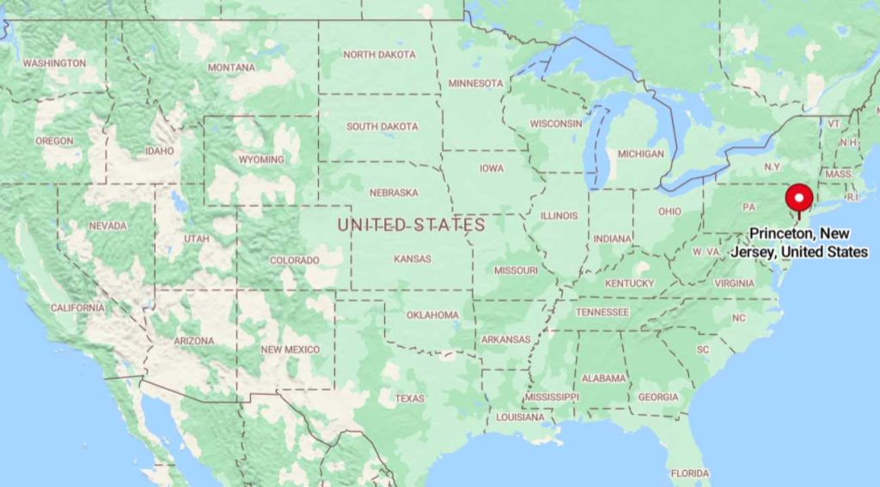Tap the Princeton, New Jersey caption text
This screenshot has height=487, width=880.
pos(808,242)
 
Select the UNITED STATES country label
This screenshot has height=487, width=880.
pos(411,225)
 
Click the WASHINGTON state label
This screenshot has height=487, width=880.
pos(54,64)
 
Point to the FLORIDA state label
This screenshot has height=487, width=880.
pos(690,473)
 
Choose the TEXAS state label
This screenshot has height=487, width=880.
pos(410,399)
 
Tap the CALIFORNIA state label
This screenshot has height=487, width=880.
pos(77,307)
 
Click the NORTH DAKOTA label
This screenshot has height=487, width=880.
pos(379,55)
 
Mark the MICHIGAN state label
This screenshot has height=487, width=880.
pos(641,154)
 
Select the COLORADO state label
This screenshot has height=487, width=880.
pos(294,260)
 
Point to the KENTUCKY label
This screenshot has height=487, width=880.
pos(629,283)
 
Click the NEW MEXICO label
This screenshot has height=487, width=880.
pos(290,350)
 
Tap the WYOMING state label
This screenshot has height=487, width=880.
pos(261,160)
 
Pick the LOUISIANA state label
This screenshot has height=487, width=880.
pos(519,417)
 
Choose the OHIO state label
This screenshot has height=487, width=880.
pos(669,212)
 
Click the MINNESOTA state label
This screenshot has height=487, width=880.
pos(476,83)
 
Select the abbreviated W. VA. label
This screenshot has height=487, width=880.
pos(706,252)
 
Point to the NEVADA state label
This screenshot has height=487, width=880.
pos(107,226)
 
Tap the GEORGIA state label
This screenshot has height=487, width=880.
pos(658,398)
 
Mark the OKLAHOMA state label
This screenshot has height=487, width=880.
pos(432,315)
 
